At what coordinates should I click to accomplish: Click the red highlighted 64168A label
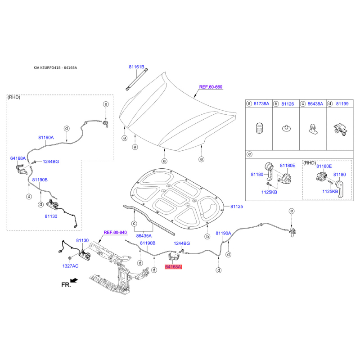click(x=173, y=267)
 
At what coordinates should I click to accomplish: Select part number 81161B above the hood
click(x=136, y=67)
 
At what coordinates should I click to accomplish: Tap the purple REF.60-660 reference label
click(x=211, y=87)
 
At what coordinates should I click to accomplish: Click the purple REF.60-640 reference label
click(x=115, y=232)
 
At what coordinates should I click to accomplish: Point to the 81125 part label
click(x=237, y=207)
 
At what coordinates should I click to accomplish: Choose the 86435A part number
click(x=144, y=236)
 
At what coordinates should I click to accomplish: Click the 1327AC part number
click(x=70, y=266)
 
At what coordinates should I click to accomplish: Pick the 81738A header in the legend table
click(x=261, y=104)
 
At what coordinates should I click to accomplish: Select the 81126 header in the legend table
click(x=288, y=104)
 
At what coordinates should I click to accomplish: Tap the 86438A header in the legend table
click(x=315, y=104)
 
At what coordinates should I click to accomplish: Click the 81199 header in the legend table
click(x=342, y=104)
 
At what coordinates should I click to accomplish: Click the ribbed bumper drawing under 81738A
click(x=260, y=128)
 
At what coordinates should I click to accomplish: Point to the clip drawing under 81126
click(x=286, y=128)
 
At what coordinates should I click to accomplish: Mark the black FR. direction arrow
click(x=74, y=280)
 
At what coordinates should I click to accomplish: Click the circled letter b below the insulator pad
click(x=207, y=237)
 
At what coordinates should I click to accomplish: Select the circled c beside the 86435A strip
click(x=134, y=223)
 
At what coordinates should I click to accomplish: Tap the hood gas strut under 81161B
click(x=137, y=80)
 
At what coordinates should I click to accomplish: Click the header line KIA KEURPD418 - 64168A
click(x=55, y=68)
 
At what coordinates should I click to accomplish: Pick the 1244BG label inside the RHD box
click(x=51, y=162)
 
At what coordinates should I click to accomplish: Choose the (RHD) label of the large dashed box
click(x=14, y=97)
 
